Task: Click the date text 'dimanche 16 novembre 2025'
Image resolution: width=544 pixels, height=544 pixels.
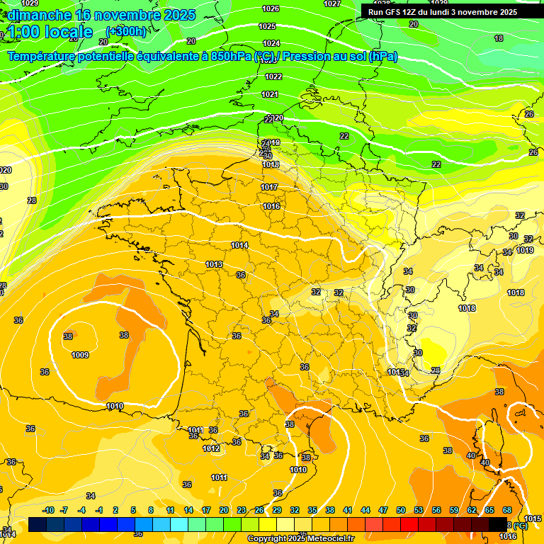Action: point(99,15)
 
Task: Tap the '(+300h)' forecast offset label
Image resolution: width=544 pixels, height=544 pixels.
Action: point(125,31)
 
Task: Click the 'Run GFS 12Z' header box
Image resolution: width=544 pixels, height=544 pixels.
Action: point(443,12)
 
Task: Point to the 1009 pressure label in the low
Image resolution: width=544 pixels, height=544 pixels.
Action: point(80,355)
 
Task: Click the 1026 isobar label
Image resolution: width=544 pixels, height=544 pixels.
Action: point(270,8)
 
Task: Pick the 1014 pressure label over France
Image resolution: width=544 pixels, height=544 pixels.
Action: point(239,245)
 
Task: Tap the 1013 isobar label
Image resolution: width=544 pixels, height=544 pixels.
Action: point(214,264)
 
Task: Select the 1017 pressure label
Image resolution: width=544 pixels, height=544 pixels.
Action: point(269,187)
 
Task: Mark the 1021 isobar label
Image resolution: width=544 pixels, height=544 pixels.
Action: point(270,94)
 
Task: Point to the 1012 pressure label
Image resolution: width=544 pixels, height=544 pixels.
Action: point(211,448)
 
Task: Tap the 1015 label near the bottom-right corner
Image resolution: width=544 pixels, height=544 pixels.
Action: point(533,519)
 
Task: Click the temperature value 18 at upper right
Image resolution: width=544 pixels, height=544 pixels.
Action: point(499,38)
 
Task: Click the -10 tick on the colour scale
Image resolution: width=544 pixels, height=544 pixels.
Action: point(48,510)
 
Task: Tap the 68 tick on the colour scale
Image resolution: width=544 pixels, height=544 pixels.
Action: point(507,510)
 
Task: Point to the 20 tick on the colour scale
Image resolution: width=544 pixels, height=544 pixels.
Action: point(224,510)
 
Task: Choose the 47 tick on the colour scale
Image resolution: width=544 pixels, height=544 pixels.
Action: point(383,510)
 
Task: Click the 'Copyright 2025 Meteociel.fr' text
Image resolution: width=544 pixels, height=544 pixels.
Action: point(300,538)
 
